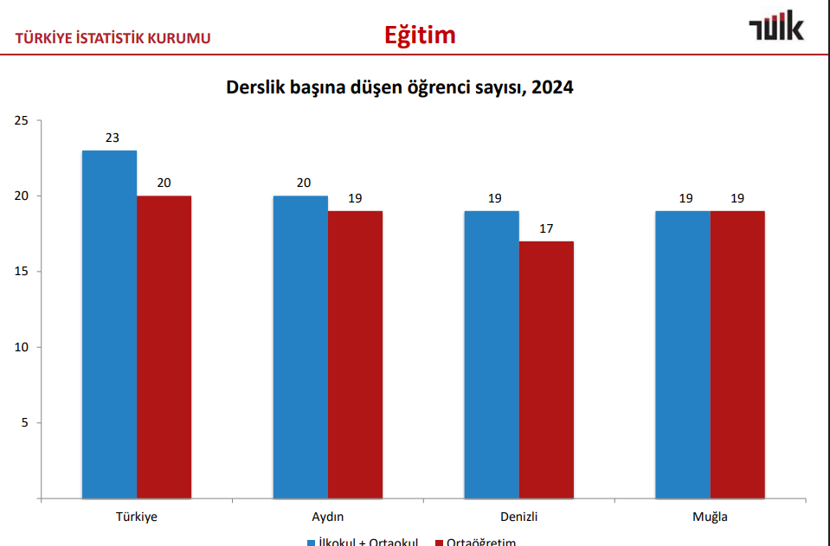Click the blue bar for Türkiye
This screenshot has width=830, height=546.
point(109,324)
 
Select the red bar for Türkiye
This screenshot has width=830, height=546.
point(164,347)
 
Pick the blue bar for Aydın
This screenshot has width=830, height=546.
point(300,347)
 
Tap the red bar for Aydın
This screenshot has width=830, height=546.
point(355,355)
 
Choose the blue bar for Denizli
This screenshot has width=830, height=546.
point(492,355)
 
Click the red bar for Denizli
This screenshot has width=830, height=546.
point(546,369)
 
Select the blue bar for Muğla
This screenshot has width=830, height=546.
point(683,355)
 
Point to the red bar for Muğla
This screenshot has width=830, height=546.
point(737,355)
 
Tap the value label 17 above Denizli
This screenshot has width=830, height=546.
point(546,228)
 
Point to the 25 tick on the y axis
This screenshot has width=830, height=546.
point(22,120)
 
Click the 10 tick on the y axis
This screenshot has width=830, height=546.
point(22,347)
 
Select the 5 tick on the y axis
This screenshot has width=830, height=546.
point(25,423)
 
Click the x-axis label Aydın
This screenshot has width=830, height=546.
point(328,517)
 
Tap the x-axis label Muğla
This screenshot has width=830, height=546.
point(710,517)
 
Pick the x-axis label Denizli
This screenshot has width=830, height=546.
point(519,517)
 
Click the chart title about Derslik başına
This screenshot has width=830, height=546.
point(400,87)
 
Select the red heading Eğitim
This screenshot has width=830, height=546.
point(420,35)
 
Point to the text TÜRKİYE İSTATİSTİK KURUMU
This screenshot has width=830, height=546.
point(113,38)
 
